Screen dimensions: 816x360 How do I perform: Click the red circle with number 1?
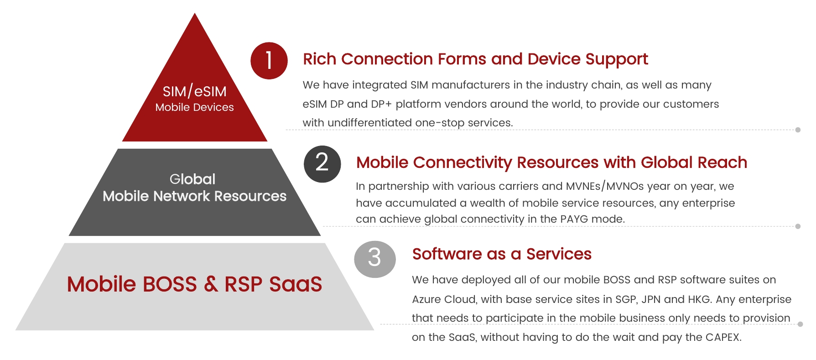coord(269,61)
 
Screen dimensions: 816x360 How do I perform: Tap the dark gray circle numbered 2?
coord(322,164)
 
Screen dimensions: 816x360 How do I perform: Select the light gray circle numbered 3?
coord(375,259)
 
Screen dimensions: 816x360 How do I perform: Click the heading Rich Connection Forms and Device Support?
coord(475,59)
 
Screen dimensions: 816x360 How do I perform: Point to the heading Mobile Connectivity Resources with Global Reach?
coord(551,162)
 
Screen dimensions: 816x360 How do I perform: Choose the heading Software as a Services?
coord(502,254)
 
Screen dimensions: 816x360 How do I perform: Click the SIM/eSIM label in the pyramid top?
coord(195,91)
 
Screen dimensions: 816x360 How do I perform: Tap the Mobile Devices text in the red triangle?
coord(194,107)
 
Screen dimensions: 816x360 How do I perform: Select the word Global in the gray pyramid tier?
coord(192,179)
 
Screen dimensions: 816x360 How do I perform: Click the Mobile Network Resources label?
coord(195,196)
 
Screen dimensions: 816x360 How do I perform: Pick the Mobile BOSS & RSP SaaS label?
coord(195,284)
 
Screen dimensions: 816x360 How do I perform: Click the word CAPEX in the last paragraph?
coord(723,337)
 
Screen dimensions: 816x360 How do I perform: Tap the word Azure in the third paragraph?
coord(426,299)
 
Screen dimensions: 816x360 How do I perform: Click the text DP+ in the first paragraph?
coord(381,104)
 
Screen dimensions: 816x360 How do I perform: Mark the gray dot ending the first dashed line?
coord(798,130)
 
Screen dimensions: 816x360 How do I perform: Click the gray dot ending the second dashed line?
coord(798,226)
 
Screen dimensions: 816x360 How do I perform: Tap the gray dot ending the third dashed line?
coord(800,324)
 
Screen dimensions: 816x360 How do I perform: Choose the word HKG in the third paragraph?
coord(698,299)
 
